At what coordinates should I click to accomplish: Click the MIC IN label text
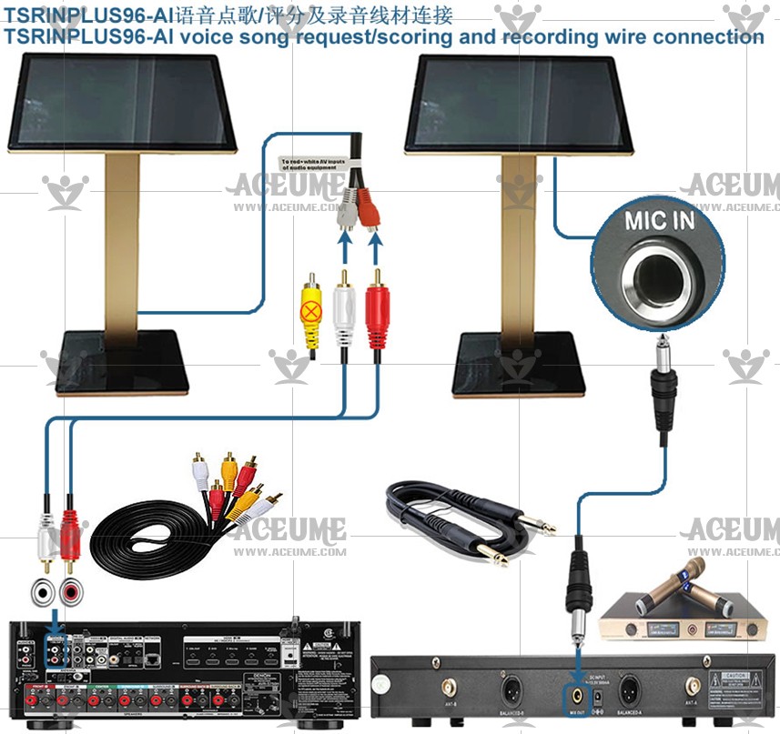[658, 220]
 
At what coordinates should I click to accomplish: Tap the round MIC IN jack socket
[657, 275]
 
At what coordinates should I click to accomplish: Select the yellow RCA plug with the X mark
[312, 315]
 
